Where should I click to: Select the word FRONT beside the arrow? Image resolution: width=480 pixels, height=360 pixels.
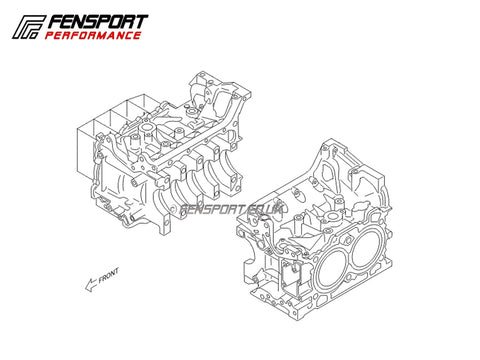[x=108, y=276]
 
